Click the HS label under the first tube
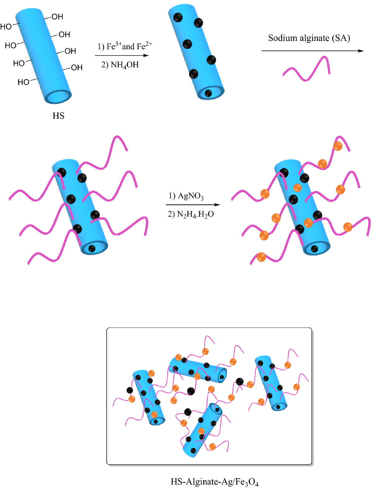pos(58,116)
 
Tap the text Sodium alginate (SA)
pos(309,38)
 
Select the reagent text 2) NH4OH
pos(120,65)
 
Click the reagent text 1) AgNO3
pos(186,196)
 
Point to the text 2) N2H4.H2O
pos(191,214)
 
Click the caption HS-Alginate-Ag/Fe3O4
pos(215,482)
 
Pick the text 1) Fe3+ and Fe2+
pos(125,46)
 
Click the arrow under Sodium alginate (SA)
pos(312,51)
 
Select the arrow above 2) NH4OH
pos(122,55)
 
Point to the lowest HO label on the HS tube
pos(23,82)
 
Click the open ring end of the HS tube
pos(58,97)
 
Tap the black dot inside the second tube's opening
pos(208,93)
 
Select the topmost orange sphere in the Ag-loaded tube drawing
pos(338,146)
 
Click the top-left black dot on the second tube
pos(178,17)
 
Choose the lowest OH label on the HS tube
pos(77,68)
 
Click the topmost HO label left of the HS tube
pos(6,27)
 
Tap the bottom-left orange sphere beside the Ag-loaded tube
pos(261,257)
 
